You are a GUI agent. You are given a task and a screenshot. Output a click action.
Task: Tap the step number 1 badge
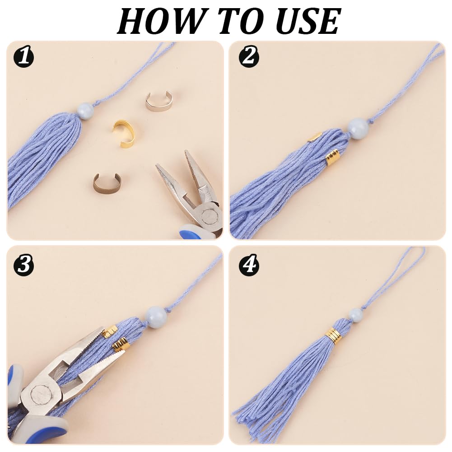click(x=23, y=57)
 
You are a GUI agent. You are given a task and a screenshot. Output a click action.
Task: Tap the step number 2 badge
click(x=249, y=57)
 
